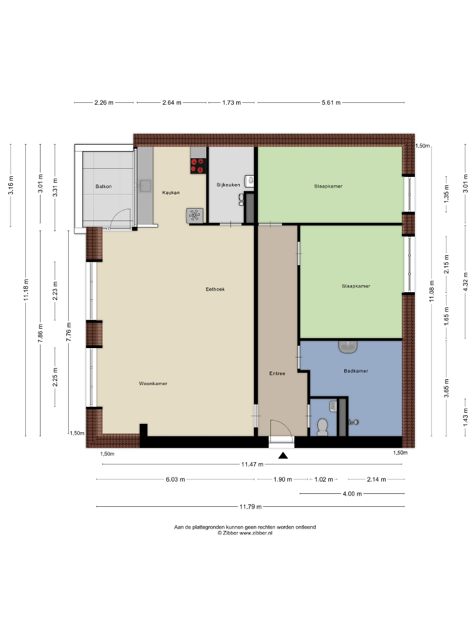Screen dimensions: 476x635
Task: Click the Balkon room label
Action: [103, 186]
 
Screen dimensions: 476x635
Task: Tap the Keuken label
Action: [171, 192]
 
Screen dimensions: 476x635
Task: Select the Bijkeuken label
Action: [228, 185]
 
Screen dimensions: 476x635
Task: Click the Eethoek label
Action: [215, 289]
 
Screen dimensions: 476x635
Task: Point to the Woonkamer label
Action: [153, 383]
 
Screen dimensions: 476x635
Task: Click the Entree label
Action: [277, 373]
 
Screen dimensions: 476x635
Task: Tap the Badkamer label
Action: [356, 371]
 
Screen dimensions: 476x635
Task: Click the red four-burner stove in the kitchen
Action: [199, 166]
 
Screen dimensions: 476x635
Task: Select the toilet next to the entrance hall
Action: [322, 427]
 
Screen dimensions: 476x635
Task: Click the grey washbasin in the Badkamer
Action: [348, 347]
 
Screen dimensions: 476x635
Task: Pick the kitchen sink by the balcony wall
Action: [145, 186]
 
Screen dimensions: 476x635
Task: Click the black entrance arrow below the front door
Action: [283, 456]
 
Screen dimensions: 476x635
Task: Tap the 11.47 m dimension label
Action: [252, 464]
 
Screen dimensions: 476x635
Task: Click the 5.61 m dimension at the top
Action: [331, 102]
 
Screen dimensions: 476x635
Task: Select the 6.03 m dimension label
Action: [175, 480]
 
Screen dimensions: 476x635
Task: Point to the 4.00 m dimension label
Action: [352, 494]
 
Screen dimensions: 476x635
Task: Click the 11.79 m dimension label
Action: [250, 507]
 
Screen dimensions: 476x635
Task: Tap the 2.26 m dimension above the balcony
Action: [104, 102]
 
